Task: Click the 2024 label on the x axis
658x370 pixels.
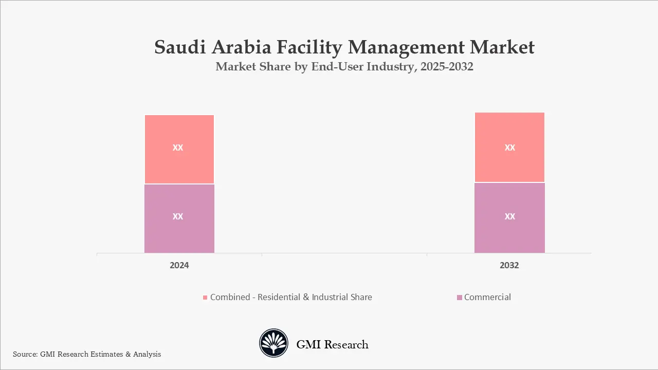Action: point(179,265)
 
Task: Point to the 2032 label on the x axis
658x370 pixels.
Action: point(509,265)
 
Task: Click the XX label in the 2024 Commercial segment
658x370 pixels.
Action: point(178,216)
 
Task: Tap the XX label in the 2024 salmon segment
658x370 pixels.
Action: point(178,147)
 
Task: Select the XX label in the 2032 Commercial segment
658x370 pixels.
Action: point(509,216)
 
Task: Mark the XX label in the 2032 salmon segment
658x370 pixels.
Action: point(509,147)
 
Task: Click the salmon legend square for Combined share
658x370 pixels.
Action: point(205,298)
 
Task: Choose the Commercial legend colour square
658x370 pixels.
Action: point(459,298)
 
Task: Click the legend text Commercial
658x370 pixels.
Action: point(487,297)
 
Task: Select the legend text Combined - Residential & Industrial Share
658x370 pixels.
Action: point(291,297)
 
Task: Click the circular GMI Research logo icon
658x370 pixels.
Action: point(273,343)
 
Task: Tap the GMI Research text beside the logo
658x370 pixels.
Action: point(332,344)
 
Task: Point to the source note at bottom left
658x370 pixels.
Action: point(87,354)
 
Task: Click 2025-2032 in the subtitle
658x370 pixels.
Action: point(446,67)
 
